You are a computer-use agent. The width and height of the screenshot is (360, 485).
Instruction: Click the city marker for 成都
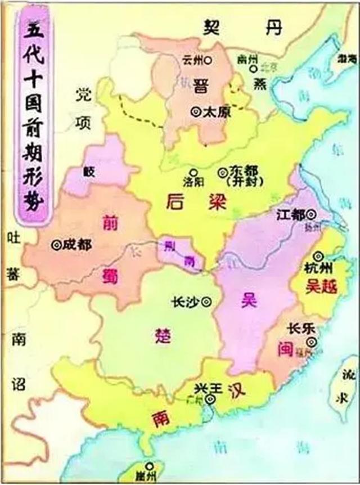coord(55,245)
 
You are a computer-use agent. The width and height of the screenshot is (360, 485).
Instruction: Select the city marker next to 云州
coord(208,59)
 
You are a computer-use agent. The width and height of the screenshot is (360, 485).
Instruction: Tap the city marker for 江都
coord(310,214)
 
